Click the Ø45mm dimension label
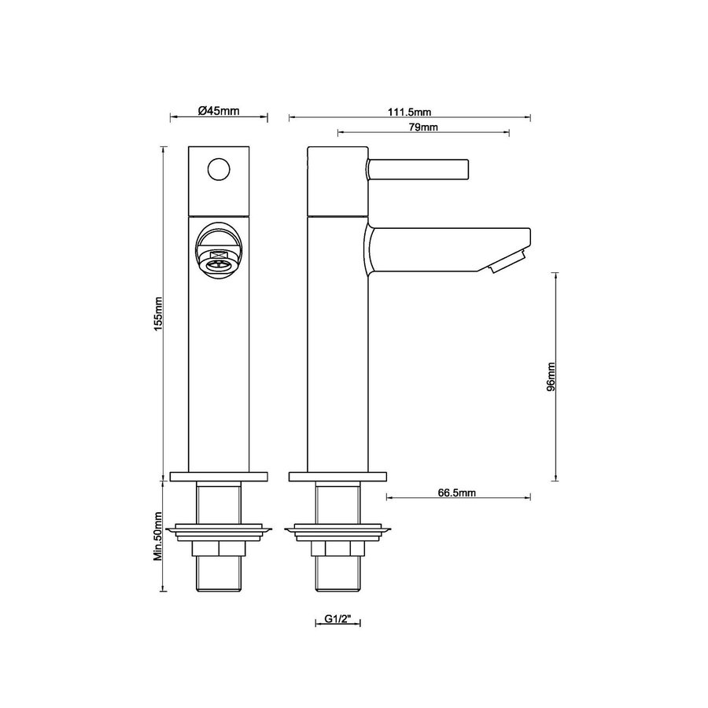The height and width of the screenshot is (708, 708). tap(219, 111)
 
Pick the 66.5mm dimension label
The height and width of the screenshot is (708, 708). tap(456, 492)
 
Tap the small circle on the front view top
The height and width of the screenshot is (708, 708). tap(219, 169)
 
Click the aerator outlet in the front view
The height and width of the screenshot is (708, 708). tap(219, 259)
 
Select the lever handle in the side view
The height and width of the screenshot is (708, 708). tap(419, 169)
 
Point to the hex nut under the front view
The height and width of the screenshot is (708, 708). tap(219, 549)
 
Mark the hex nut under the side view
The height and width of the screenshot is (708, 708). tap(338, 549)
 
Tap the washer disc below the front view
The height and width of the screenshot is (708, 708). tap(219, 531)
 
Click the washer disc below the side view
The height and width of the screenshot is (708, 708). tap(338, 531)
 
